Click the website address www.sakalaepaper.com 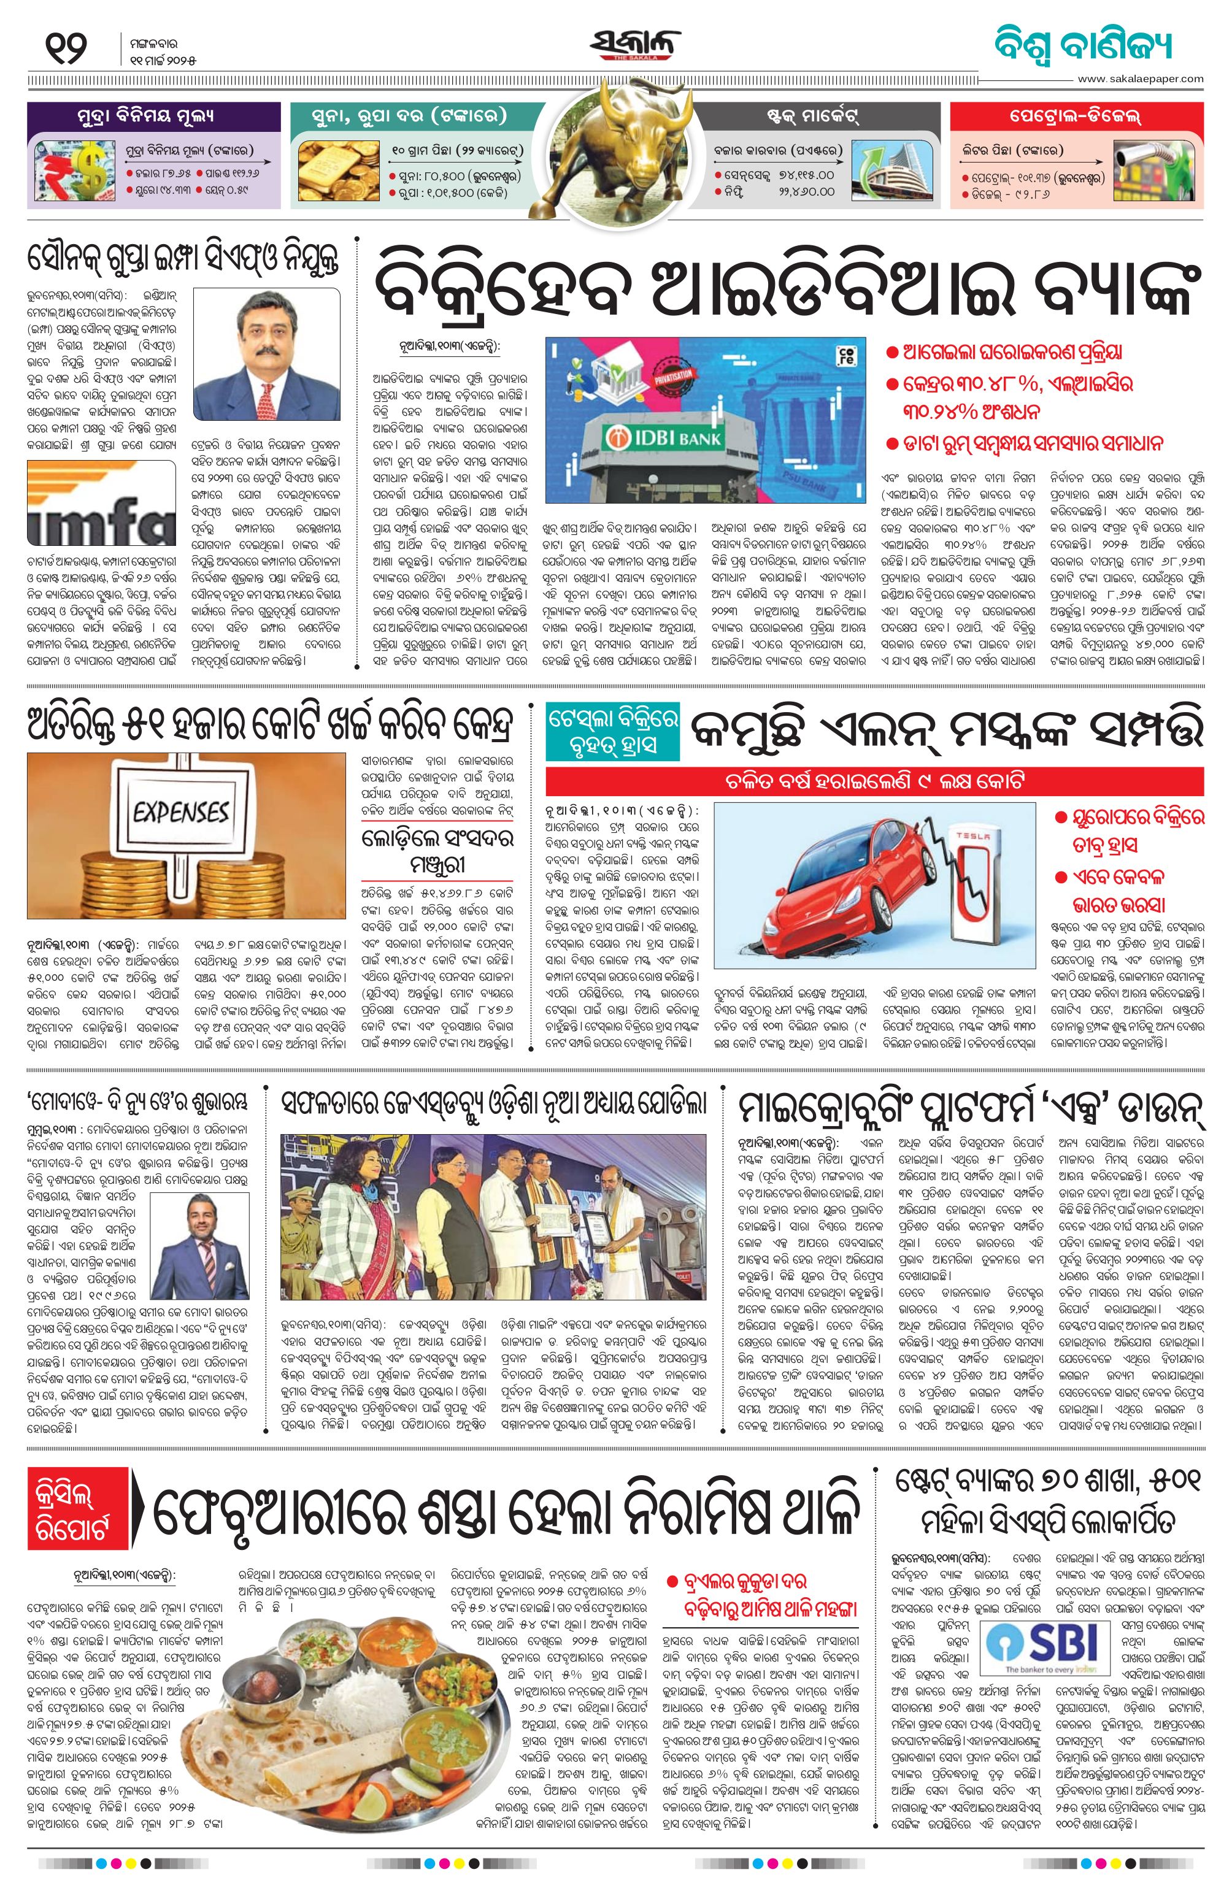(x=1141, y=79)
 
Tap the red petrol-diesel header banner (x=1076, y=116)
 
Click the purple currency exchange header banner (x=153, y=116)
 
